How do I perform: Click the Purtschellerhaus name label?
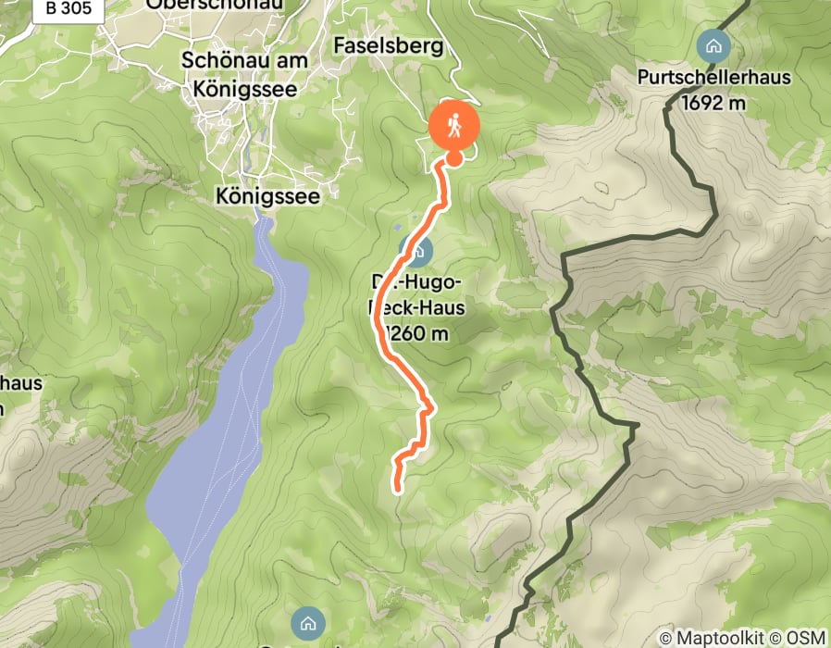point(714,77)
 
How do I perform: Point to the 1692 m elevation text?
point(713,102)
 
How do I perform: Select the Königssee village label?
point(267,196)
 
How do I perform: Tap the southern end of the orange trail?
point(399,488)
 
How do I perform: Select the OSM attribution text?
point(801,638)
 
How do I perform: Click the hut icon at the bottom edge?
point(307,620)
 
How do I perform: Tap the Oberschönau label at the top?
point(215,5)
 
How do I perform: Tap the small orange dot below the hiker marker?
point(454,158)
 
